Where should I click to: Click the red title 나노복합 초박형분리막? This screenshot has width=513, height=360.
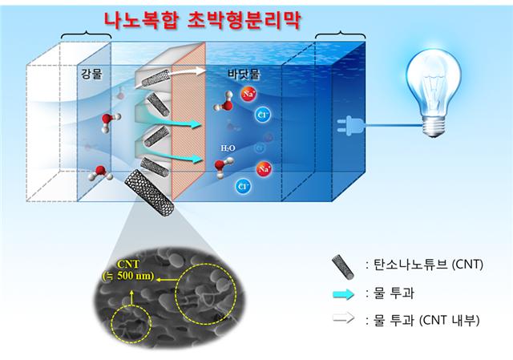click(x=202, y=21)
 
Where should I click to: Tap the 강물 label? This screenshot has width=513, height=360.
click(x=91, y=75)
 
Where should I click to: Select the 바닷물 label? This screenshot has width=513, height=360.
click(x=244, y=75)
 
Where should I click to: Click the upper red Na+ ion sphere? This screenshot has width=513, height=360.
click(x=248, y=95)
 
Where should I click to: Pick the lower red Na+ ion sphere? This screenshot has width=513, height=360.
click(x=265, y=169)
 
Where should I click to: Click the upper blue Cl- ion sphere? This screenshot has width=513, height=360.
click(x=263, y=115)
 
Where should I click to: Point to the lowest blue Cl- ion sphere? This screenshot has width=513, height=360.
click(x=243, y=187)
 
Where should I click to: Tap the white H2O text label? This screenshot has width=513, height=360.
click(x=228, y=148)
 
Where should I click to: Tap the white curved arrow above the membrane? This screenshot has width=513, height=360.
click(x=170, y=76)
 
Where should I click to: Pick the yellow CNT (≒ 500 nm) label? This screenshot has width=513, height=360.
click(x=128, y=270)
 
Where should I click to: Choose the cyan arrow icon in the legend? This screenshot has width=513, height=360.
click(x=343, y=294)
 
